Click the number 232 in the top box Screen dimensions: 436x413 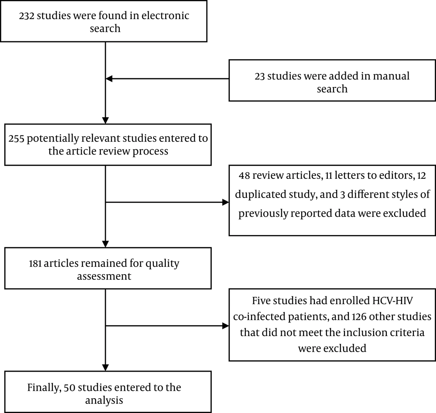coord(27,16)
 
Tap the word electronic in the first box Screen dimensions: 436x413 coord(165,16)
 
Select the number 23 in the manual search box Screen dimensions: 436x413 coord(259,76)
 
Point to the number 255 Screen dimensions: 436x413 coord(17,138)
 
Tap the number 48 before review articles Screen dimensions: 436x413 coord(245,176)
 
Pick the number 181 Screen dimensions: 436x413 coord(35,264)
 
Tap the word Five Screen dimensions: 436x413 coord(261,301)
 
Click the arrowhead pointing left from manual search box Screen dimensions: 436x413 coord(109,79)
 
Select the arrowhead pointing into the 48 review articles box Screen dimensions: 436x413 coord(225,202)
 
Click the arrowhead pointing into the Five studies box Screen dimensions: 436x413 coord(225,326)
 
